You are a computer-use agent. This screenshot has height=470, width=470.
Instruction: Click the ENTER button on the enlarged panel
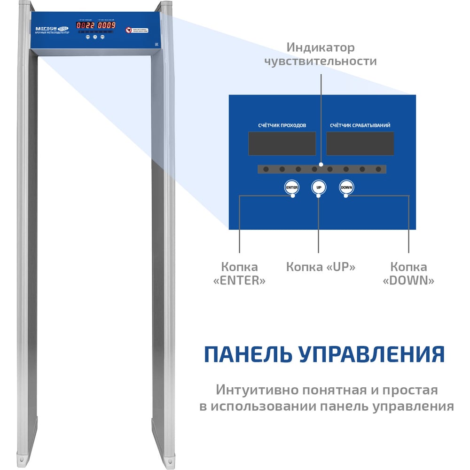[x=292, y=188]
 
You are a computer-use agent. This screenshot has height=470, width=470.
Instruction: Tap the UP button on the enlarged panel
[x=319, y=188]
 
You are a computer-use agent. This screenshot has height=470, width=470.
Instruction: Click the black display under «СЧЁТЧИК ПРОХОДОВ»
[x=282, y=143]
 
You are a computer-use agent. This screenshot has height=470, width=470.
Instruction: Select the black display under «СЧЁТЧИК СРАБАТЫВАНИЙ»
[x=360, y=143]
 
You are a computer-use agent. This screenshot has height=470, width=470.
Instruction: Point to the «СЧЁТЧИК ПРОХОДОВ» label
[x=282, y=125]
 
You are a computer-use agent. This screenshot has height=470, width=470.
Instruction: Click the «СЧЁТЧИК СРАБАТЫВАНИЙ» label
[x=360, y=125]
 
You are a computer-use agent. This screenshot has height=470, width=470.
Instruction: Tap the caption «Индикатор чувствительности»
[x=321, y=55]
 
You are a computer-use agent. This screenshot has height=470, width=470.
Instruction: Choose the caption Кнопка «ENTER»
[x=239, y=274]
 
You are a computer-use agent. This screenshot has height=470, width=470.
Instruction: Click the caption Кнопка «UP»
[x=321, y=267]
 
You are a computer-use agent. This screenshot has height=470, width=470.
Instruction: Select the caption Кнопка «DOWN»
[x=408, y=274]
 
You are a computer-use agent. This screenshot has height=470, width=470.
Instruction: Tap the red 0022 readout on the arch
[x=85, y=25]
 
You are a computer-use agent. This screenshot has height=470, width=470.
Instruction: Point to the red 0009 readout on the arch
[x=106, y=25]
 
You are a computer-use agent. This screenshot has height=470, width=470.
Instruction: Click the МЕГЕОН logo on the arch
[x=46, y=28]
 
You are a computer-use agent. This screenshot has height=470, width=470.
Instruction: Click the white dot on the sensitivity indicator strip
[x=321, y=165]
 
